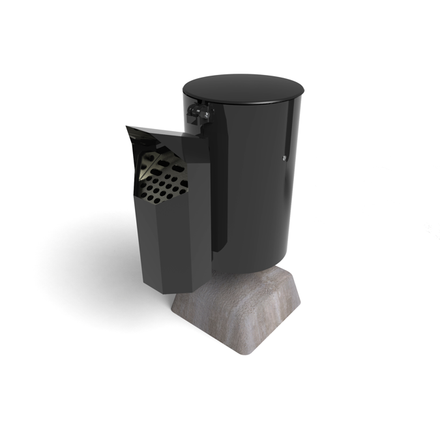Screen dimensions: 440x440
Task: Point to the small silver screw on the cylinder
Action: click(284, 158)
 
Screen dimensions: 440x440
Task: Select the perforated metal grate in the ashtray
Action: click(162, 177)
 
